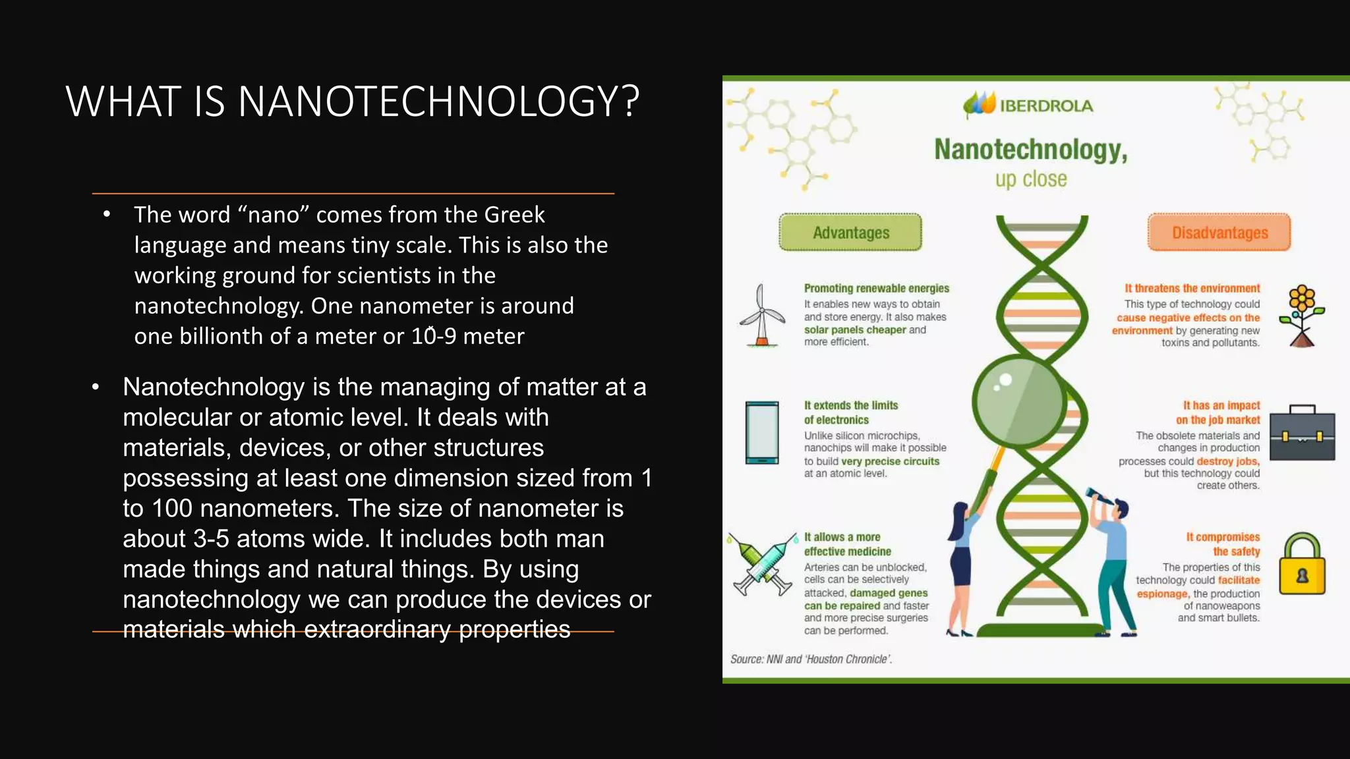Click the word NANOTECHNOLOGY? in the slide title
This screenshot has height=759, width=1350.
coord(438,102)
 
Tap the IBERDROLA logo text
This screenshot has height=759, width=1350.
coord(1046,106)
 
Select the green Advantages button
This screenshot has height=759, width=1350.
coord(850,233)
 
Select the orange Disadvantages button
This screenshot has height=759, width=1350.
coord(1219,233)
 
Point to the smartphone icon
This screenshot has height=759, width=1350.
coord(762,433)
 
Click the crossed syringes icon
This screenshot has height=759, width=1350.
coord(763,564)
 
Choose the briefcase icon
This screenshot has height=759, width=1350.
coord(1302,434)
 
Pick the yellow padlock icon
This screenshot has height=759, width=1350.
coord(1302,565)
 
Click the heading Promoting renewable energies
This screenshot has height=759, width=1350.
coord(876,289)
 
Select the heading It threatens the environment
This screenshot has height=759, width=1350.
coord(1192,289)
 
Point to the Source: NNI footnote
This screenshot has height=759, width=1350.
coord(811,660)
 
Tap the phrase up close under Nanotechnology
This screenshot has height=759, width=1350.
coord(1031,179)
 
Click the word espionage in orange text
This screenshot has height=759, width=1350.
coord(1161,594)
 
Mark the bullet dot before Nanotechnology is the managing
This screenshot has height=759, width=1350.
coord(96,387)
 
